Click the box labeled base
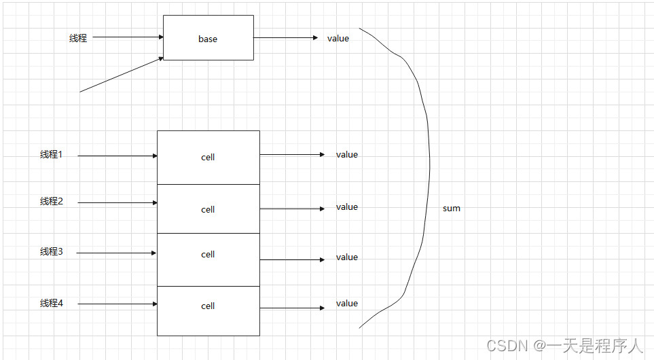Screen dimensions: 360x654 click(x=208, y=38)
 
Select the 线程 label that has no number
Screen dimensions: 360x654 click(x=78, y=38)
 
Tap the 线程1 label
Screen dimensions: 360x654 click(x=52, y=155)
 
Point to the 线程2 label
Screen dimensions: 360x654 click(x=52, y=202)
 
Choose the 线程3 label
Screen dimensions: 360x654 click(x=52, y=252)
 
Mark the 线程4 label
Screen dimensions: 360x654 click(x=52, y=304)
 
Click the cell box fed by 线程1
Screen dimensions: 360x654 click(x=208, y=157)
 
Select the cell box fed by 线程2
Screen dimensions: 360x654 click(x=208, y=209)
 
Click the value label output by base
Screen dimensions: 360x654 click(x=338, y=39)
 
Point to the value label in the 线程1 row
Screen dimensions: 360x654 click(x=346, y=155)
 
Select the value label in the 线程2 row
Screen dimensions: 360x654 click(x=346, y=207)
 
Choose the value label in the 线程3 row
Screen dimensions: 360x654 click(x=346, y=257)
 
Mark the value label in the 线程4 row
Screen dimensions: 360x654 click(x=346, y=304)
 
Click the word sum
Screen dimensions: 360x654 click(x=452, y=209)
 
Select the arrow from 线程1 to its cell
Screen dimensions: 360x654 click(x=117, y=156)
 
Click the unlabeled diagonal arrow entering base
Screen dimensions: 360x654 click(x=122, y=75)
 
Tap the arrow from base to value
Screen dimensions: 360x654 click(x=285, y=38)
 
